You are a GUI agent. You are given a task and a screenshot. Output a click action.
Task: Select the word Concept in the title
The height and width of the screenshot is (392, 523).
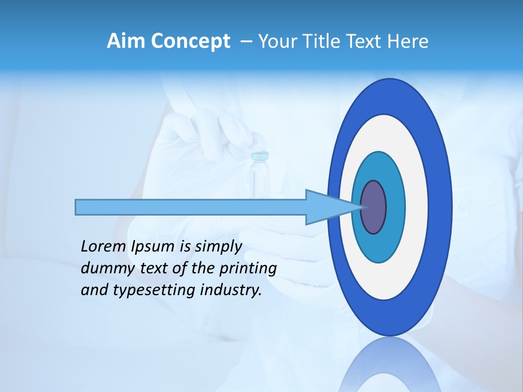point(190,41)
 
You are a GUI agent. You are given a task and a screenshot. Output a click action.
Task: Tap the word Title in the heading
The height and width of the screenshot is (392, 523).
point(323,41)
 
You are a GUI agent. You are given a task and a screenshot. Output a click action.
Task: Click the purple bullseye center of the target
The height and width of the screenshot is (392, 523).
point(373,207)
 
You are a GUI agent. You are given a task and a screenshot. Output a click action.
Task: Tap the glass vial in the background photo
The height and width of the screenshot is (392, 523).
point(259,180)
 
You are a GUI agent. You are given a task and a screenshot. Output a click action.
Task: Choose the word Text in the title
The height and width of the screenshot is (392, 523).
point(365,41)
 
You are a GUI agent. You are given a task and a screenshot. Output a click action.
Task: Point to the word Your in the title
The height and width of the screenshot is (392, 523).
point(277,41)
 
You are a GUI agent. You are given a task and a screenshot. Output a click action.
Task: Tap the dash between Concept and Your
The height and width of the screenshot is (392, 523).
point(246,42)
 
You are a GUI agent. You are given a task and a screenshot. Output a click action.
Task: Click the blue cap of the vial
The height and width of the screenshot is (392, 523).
point(260,157)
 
